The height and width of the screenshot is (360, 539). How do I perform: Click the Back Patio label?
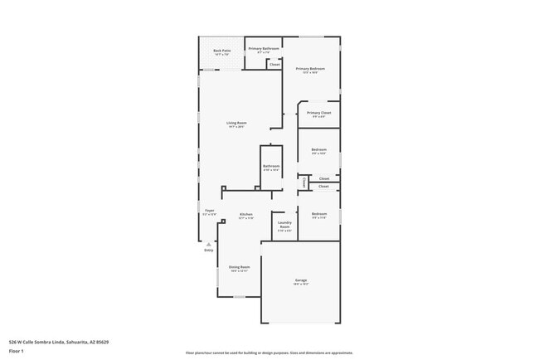coord(221,51)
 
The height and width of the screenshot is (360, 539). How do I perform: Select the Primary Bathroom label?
coord(264,49)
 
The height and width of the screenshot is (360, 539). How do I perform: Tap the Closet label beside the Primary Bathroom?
coord(274,64)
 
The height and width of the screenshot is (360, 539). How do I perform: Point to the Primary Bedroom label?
coord(310,69)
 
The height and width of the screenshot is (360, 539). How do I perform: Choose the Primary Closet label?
coord(318,113)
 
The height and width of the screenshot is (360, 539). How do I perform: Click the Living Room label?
coord(237,123)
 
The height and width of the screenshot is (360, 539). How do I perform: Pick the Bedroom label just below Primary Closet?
coord(318,150)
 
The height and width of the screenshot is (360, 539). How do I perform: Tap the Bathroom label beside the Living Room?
coord(271,166)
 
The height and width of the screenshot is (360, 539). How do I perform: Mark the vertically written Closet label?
coord(304,182)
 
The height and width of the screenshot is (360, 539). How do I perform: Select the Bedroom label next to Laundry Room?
coord(319,214)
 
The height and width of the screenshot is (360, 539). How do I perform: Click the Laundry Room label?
coord(284,224)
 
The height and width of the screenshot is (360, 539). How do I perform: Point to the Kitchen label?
coord(246,215)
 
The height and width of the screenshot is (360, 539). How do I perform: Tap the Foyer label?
coord(210,211)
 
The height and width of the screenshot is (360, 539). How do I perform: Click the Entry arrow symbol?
coord(208,243)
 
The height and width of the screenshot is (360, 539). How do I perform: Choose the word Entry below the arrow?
coord(208,250)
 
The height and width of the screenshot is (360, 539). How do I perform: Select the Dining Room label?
coord(240,266)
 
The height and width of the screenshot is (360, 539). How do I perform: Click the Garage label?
coord(300,280)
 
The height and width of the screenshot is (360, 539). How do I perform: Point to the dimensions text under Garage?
coord(300,285)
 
